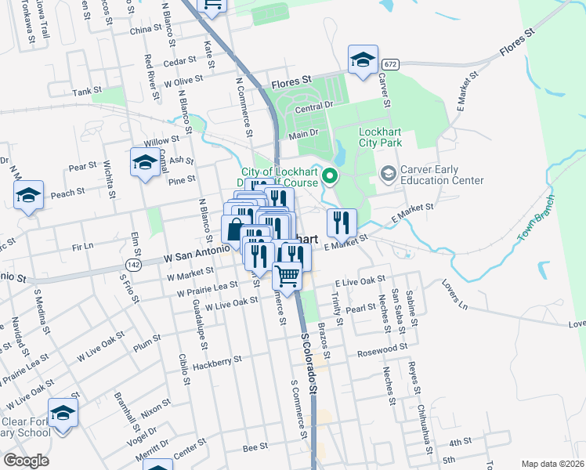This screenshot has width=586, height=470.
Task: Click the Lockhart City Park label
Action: point(380,138)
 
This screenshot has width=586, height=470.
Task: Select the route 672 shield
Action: point(391,63)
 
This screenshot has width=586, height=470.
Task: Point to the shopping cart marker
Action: point(288,276)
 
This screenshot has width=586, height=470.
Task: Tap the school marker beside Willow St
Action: point(144,162)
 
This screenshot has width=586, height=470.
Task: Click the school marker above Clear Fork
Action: point(63,412)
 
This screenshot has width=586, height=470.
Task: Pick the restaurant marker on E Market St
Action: point(341,222)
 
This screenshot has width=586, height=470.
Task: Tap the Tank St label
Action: point(87,92)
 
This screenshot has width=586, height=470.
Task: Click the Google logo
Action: point(26,461)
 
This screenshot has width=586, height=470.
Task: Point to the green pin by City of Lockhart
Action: point(330,177)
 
